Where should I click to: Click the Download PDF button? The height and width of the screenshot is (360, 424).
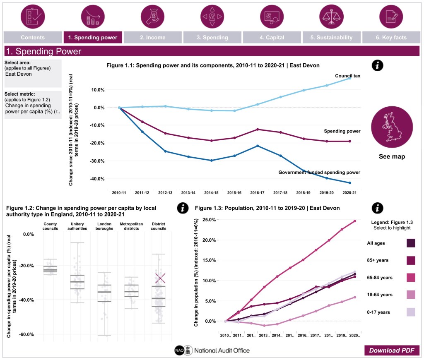(392, 350)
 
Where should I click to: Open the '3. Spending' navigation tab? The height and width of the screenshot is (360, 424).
(212, 38)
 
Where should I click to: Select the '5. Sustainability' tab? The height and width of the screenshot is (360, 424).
(331, 38)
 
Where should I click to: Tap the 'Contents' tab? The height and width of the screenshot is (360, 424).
(33, 38)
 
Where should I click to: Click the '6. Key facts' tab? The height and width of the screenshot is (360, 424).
(391, 38)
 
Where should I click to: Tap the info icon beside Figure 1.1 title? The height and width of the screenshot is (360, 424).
(377, 65)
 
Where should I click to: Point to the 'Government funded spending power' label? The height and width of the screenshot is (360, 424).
(319, 172)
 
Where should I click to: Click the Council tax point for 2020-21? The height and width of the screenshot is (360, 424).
(349, 78)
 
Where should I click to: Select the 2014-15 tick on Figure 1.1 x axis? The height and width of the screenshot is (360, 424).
(211, 192)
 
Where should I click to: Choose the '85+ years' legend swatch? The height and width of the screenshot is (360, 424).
(411, 260)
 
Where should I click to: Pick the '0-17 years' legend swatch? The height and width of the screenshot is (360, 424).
(411, 312)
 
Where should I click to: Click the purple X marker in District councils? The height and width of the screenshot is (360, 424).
(160, 278)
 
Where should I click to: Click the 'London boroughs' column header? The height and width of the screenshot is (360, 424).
(104, 226)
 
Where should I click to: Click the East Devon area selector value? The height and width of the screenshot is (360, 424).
(18, 74)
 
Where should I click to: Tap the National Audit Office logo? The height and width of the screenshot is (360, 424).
(212, 350)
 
